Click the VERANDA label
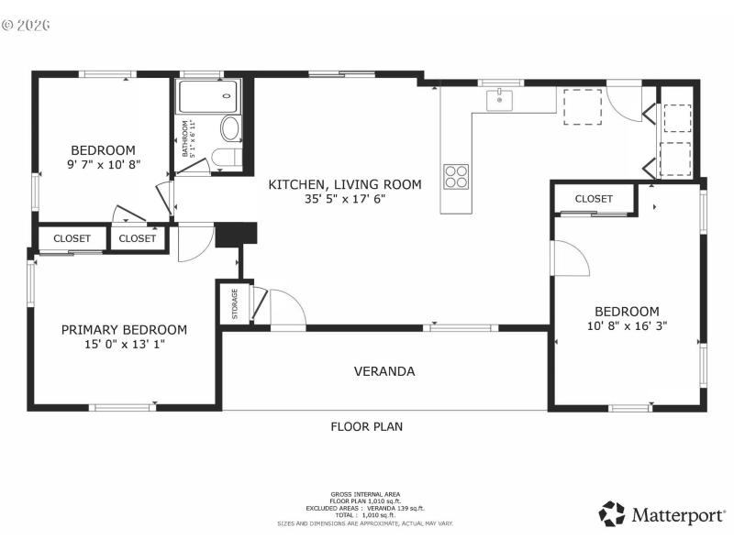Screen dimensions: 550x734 coord(384,371)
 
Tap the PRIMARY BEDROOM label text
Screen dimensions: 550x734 coord(124,330)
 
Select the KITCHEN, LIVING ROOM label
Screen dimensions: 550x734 coord(345,184)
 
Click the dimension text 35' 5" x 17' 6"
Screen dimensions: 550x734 coord(345,199)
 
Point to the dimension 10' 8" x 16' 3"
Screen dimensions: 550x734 coord(627,325)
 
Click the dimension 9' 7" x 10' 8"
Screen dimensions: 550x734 coord(104,165)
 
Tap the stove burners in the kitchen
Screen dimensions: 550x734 coord(456,175)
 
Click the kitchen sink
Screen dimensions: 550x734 coord(499,99)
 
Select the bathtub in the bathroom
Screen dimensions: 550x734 coord(208,96)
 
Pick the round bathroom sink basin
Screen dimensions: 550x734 coord(230,127)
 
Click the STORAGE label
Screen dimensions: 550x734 coord(235,302)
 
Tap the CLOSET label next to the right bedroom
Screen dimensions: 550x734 coord(594,199)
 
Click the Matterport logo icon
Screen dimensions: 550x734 coord(612,514)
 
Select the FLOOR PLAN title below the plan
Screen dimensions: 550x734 coord(367,426)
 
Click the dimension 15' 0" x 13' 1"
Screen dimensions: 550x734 coord(124,345)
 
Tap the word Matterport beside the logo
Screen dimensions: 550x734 coord(677,515)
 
